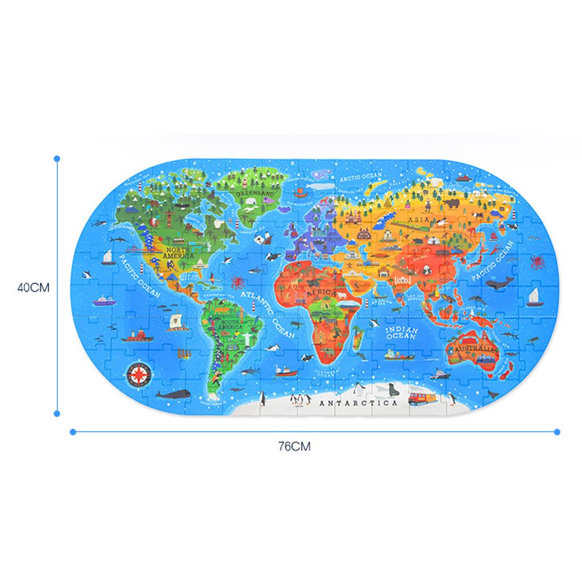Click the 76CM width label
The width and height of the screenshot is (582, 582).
pos(294,446)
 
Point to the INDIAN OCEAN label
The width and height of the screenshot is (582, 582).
pos(402,334)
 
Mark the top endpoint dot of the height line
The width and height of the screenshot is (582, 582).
pos(57,159)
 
